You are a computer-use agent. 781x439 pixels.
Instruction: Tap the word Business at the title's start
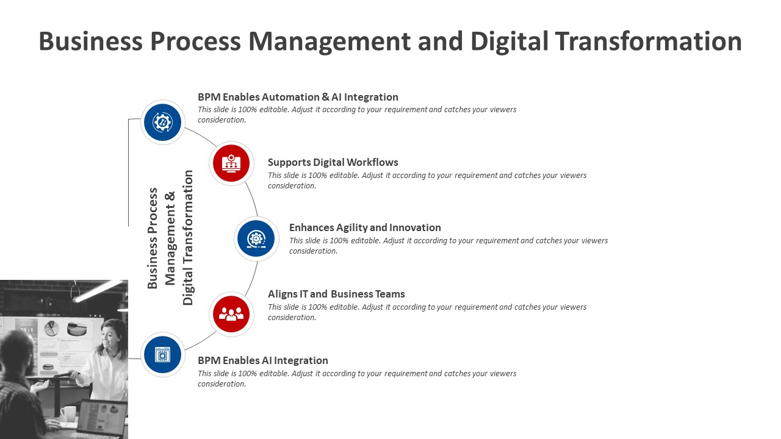91,41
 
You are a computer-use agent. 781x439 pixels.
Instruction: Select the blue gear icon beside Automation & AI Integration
162,123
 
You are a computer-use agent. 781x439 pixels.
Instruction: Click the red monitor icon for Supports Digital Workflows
231,163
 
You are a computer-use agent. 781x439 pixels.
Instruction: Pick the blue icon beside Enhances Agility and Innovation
256,238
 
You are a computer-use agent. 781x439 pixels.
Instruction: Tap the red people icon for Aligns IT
231,314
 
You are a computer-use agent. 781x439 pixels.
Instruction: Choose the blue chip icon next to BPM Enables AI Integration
162,355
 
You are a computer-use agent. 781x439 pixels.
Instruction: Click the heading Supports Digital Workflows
333,162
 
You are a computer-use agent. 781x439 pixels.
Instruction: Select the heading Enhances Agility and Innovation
365,227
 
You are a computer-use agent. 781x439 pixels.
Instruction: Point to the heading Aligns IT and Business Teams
336,294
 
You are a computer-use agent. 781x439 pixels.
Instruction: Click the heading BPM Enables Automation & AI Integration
298,97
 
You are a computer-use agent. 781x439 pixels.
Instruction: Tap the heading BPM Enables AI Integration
263,360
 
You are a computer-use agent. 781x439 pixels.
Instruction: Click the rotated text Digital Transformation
187,238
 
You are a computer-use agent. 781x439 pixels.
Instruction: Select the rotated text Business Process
153,238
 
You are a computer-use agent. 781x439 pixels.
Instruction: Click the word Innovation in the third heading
416,227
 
